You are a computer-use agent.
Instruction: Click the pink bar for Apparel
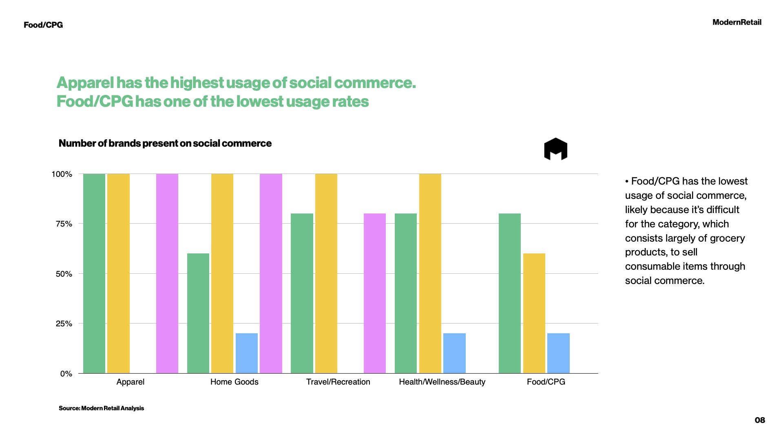[167, 273]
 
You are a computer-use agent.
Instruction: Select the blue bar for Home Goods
[247, 353]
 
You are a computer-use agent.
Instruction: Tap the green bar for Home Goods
[198, 313]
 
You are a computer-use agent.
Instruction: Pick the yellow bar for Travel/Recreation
[326, 273]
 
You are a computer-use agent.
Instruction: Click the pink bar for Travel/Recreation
[375, 293]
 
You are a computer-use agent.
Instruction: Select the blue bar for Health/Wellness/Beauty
[454, 353]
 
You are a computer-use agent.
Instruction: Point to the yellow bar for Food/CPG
[534, 313]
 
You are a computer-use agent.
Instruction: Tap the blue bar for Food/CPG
[558, 353]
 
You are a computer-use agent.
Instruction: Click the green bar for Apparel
[94, 273]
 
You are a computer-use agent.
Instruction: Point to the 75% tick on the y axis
[64, 224]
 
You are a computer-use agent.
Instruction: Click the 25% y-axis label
[64, 324]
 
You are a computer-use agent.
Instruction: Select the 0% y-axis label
[66, 374]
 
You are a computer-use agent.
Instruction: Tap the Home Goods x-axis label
[234, 382]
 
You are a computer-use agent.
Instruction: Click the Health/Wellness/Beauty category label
[442, 382]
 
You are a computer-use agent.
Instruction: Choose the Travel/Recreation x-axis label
[338, 382]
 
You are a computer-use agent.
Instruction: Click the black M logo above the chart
[555, 149]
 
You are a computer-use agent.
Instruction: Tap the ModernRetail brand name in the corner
[737, 22]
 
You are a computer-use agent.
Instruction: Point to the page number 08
[760, 420]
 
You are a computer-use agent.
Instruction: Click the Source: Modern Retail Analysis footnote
[101, 408]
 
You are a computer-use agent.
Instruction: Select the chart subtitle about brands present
[165, 143]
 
